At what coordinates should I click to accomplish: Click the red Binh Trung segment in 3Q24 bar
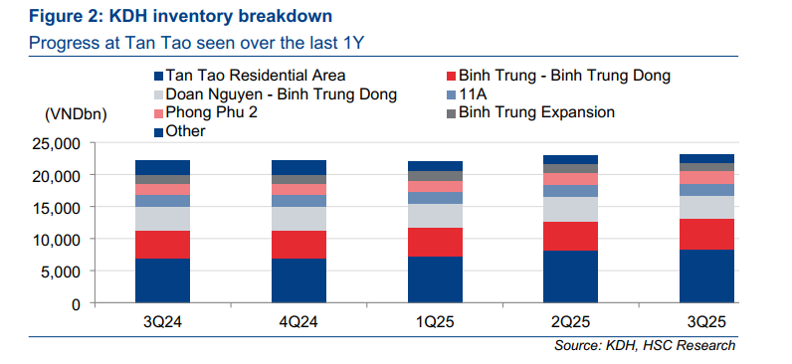coord(162,245)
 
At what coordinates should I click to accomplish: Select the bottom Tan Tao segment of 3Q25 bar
coord(706,276)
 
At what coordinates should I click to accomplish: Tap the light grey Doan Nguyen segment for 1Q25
coord(435,216)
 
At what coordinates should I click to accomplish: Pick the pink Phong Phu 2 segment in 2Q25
coord(571,179)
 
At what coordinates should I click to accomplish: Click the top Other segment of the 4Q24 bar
coord(298,168)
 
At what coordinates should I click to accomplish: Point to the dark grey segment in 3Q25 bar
coord(706,167)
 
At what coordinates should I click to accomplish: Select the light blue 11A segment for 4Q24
coord(298,201)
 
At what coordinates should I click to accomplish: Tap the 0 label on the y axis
coord(77,304)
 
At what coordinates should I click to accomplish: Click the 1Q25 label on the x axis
coord(435,321)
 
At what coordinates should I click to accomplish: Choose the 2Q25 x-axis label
coord(571,321)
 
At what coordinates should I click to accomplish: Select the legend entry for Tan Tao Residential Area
coord(250,76)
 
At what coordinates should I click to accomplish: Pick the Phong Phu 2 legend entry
coord(206,112)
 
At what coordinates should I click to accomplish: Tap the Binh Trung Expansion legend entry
coord(530,112)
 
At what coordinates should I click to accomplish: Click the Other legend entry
coord(180,131)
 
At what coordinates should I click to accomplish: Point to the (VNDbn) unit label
coord(76,115)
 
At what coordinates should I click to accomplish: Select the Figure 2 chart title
coord(180,16)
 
